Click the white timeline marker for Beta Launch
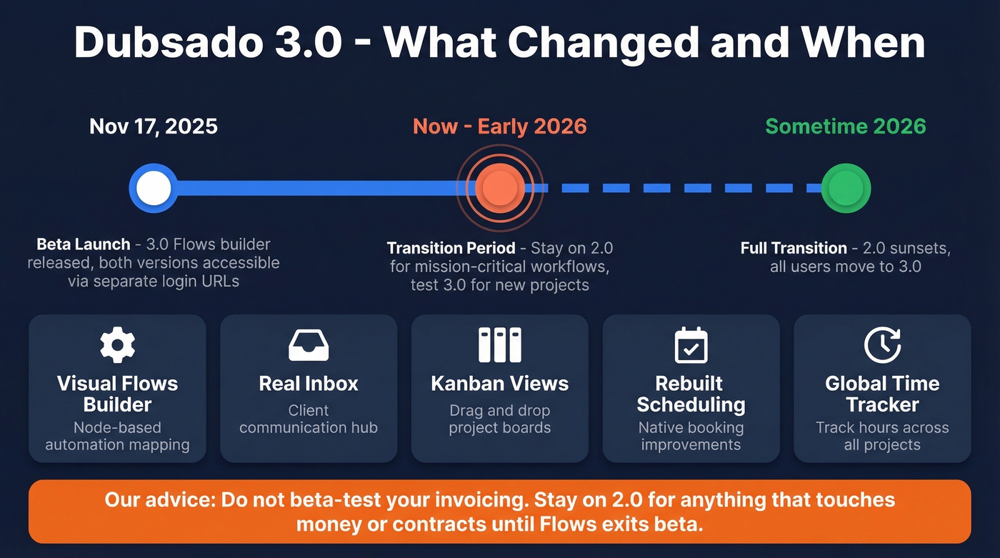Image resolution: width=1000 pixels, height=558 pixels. point(154,189)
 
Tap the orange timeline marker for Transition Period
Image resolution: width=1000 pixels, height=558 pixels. point(500,188)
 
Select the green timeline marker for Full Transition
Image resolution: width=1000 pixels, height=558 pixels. point(846,189)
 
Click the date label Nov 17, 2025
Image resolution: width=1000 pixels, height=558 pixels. point(154,127)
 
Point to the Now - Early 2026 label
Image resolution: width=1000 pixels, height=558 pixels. point(499,127)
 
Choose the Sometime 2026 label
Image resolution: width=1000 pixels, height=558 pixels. point(846,127)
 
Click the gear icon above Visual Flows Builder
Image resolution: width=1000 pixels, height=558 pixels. point(117,346)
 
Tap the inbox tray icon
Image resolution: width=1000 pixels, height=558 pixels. point(309,346)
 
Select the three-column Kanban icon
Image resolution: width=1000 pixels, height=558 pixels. point(499,346)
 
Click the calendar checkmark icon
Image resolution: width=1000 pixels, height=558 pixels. point(691,346)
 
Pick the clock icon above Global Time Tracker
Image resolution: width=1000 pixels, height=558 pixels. point(882,346)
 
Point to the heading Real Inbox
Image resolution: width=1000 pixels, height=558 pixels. point(309,384)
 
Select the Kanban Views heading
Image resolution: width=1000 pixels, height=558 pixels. point(499,384)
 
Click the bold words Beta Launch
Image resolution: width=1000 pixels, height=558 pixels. point(84,244)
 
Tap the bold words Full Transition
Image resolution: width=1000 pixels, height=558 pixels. point(794,248)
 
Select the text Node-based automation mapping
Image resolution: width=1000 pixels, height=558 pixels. point(117,437)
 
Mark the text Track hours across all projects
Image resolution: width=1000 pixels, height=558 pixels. point(882,437)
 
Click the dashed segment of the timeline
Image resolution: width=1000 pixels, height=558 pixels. point(686,189)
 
